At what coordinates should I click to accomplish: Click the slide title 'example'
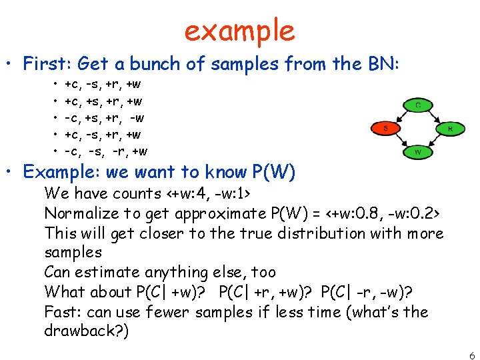[x=239, y=30]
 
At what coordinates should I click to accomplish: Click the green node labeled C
[x=417, y=105]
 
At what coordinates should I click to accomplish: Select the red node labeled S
[x=385, y=127]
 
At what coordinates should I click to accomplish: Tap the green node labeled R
[x=450, y=128]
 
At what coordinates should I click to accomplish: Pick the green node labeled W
[x=417, y=152]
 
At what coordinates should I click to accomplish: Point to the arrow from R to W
[x=435, y=141]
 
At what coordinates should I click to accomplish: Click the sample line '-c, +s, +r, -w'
[x=104, y=118]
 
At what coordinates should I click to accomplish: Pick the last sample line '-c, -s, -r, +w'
[x=105, y=151]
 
